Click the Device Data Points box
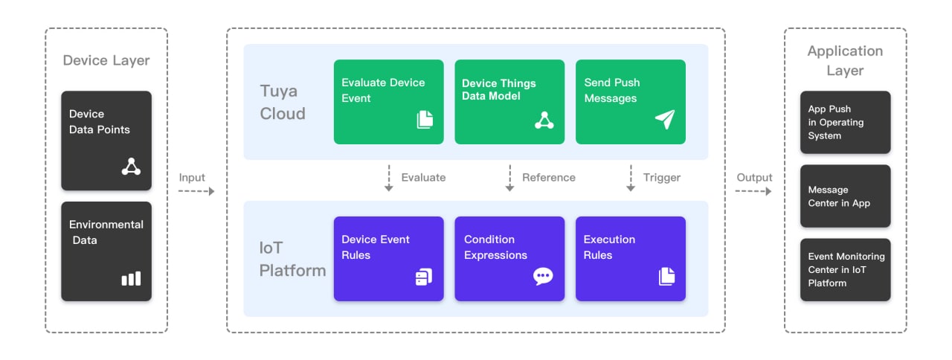106,141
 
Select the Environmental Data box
106,251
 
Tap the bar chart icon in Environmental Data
131,278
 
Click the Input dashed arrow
196,191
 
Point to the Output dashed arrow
753,191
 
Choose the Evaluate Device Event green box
388,102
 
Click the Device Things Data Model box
509,102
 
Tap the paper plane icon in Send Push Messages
665,119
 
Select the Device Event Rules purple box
388,258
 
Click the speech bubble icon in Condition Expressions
543,276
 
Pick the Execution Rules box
630,258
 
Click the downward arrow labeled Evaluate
388,178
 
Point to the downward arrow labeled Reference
509,178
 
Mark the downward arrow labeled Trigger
631,178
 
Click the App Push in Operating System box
846,122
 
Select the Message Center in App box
846,196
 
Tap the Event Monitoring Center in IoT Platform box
846,269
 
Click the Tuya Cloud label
283,102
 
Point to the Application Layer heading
845,60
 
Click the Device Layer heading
106,60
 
